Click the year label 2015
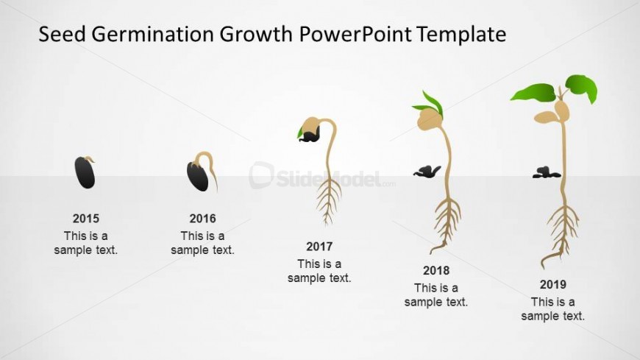86,219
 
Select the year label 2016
202,219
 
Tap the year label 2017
319,247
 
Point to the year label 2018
436,270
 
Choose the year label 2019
552,284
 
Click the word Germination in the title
153,35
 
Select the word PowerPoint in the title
355,34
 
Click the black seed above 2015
85,173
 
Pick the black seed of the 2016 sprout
198,176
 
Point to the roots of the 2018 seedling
447,224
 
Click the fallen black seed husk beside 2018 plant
427,172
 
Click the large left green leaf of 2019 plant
534,92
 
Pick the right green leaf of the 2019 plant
582,88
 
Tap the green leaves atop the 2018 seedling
430,104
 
